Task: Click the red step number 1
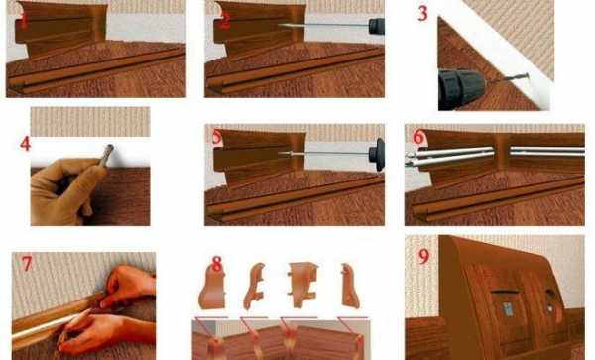point(23,21)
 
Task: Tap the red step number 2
point(225,21)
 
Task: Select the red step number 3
point(422,14)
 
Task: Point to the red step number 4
point(25,144)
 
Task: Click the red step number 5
point(217,137)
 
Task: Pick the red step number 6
point(418,137)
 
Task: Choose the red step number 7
point(27,264)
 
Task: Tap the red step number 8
point(216,264)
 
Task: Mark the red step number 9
point(423,257)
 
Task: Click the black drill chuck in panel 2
point(377,26)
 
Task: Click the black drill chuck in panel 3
point(460,89)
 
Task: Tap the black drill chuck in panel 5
point(377,155)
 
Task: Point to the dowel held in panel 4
point(106,155)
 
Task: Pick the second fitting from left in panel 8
point(254,286)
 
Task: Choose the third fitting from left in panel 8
point(302,285)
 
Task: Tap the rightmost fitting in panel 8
point(350,286)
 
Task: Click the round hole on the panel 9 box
point(549,295)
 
